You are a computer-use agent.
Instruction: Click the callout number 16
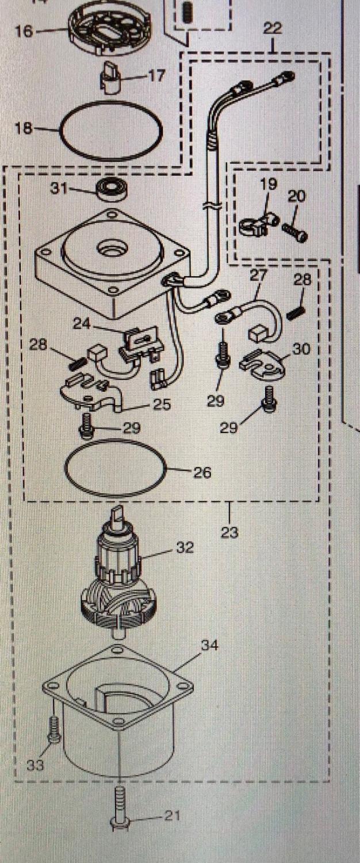(x=24, y=30)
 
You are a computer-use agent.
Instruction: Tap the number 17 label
(x=156, y=75)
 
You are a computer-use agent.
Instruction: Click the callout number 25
(x=162, y=404)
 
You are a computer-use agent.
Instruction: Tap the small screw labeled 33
(x=53, y=729)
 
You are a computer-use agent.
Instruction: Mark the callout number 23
(x=229, y=532)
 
